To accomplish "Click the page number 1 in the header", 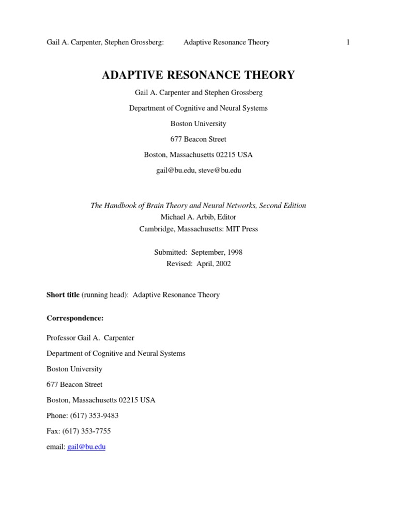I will [x=348, y=42].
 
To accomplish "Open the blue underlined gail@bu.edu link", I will [x=86, y=447].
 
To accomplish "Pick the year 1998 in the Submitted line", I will [x=233, y=252].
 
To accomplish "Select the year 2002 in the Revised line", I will [x=221, y=263].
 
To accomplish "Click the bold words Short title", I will [x=63, y=295].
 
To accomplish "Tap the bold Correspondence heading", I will [x=75, y=318].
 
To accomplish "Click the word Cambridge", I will [x=157, y=229].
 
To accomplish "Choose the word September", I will [x=210, y=252].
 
